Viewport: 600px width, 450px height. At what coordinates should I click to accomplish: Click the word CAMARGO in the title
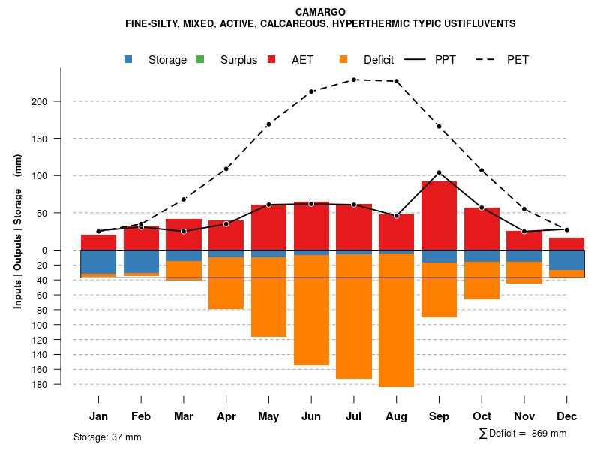pos(320,12)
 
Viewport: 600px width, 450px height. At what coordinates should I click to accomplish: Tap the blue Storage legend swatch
pos(129,59)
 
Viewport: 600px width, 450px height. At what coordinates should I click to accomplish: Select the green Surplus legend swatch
pos(200,59)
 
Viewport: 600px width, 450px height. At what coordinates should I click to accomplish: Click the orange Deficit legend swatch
pos(343,59)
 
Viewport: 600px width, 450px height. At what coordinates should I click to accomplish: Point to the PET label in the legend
pos(517,59)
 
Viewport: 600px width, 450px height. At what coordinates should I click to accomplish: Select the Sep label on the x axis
pos(439,416)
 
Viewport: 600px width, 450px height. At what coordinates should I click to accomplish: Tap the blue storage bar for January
pos(99,262)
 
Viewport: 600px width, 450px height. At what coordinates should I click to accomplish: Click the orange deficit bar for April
pos(226,283)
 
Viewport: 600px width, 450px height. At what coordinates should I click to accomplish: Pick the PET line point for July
pos(354,79)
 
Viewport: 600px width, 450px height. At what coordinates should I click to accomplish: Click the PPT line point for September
pos(439,172)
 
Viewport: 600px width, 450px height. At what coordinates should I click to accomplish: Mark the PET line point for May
pos(268,124)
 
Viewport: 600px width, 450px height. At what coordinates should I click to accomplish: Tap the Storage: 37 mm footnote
pos(107,436)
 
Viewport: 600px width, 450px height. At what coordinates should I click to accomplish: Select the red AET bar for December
pos(566,244)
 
